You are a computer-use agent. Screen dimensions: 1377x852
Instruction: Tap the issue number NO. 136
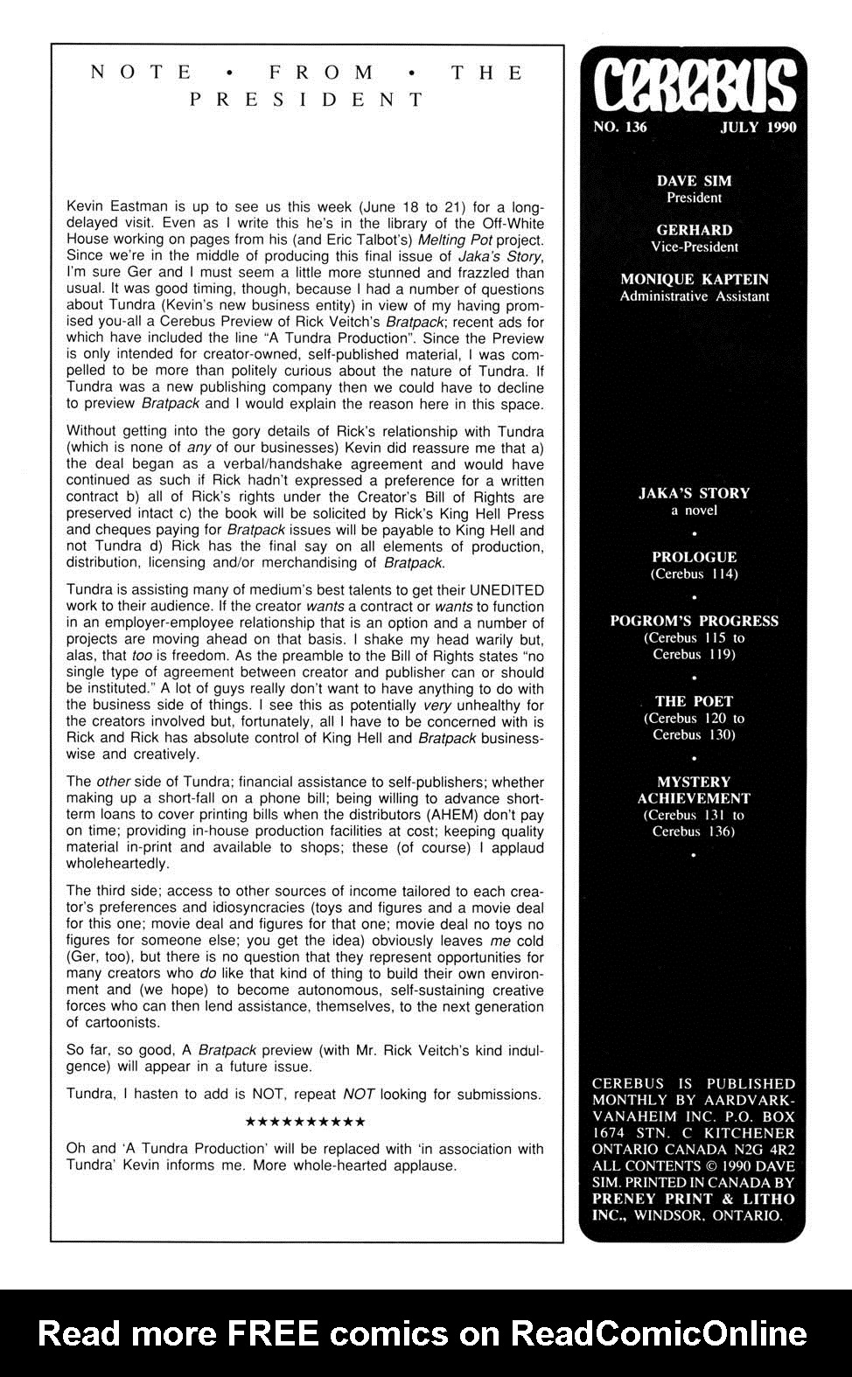click(x=619, y=128)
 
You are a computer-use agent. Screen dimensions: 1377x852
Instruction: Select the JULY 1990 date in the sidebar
click(x=758, y=128)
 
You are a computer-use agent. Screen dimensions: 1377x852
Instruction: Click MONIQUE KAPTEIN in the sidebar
click(x=694, y=280)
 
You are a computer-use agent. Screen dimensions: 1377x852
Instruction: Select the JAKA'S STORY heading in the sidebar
click(x=694, y=493)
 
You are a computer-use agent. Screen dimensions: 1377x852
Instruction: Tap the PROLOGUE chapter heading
click(x=694, y=557)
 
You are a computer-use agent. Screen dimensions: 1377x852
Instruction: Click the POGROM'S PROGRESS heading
click(x=694, y=621)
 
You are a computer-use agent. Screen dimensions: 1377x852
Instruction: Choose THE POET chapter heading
click(x=694, y=701)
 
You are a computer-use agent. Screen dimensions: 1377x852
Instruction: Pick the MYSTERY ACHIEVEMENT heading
click(x=694, y=789)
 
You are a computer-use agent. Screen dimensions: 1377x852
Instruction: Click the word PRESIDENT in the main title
click(x=307, y=100)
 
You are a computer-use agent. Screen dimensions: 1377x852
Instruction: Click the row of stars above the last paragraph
click(x=305, y=1122)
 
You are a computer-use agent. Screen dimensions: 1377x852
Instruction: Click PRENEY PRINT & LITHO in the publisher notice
click(x=693, y=1199)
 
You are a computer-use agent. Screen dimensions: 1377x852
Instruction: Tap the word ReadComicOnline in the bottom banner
click(x=658, y=1333)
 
